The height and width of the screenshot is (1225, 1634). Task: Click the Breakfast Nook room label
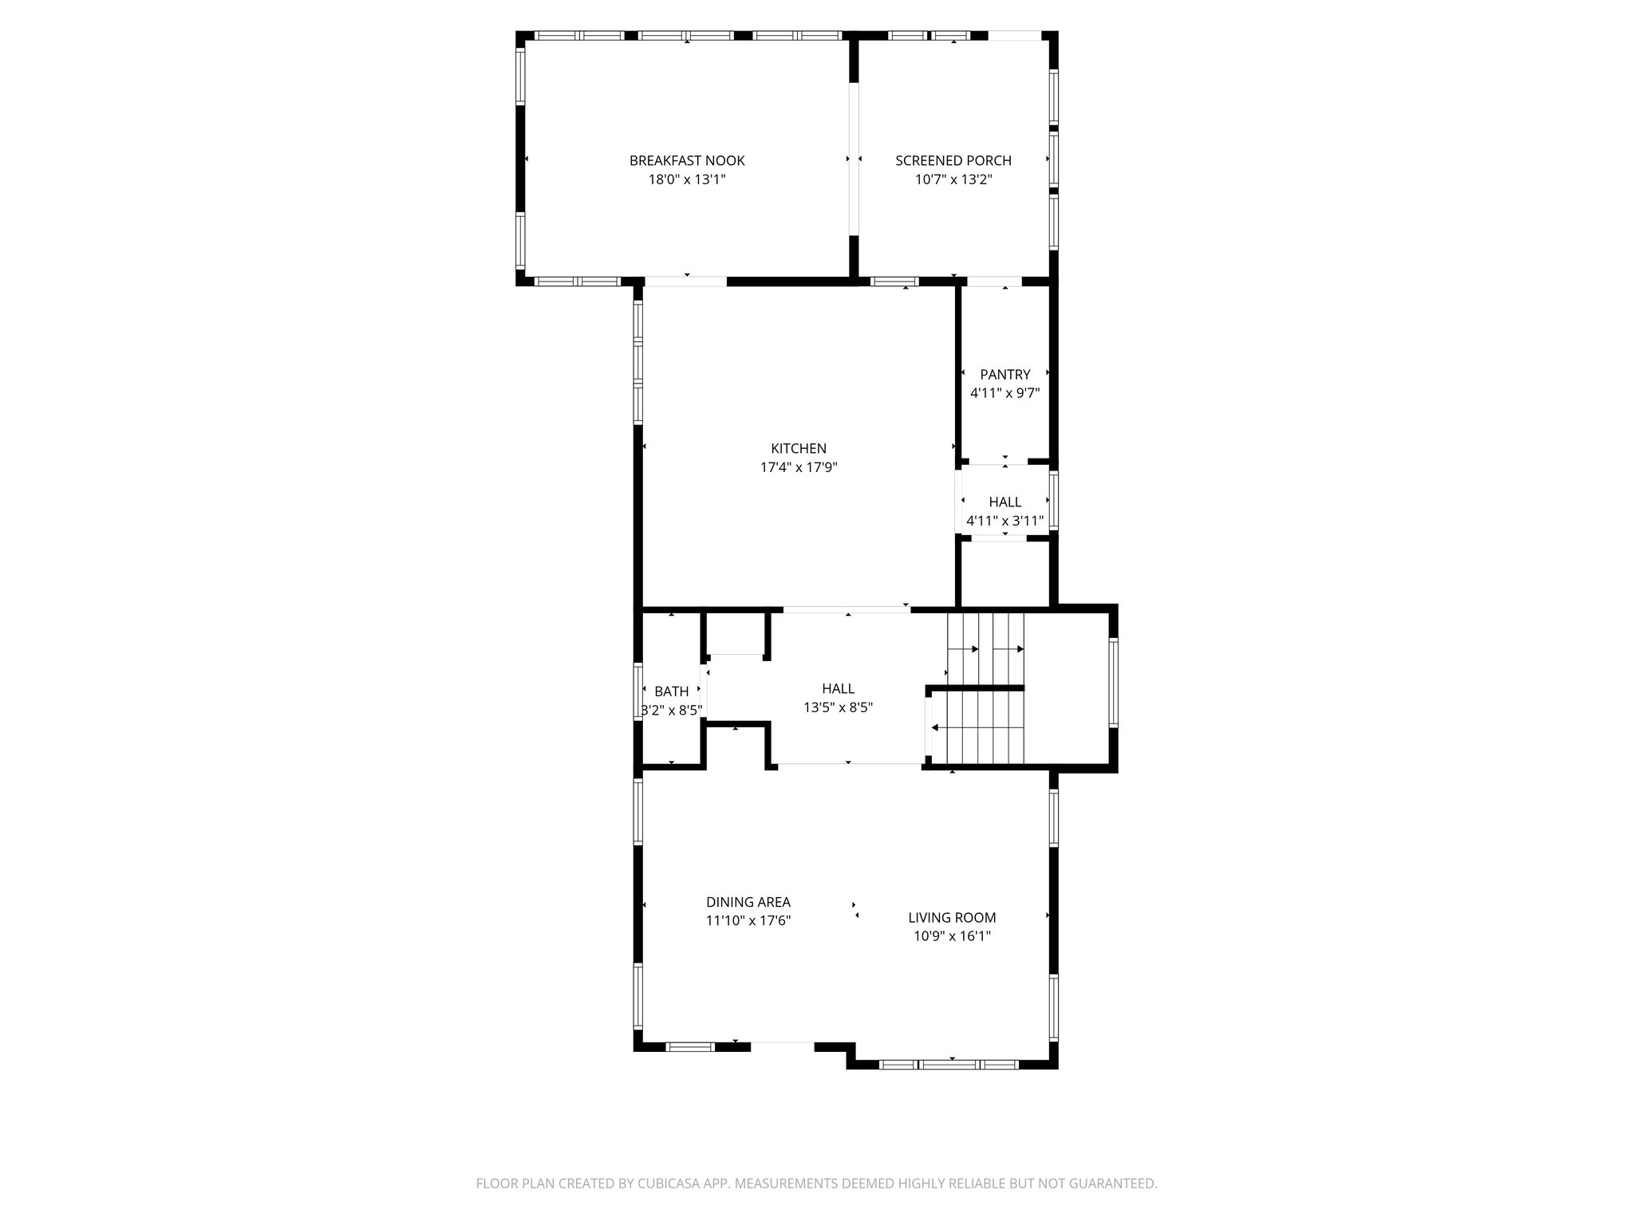(x=687, y=160)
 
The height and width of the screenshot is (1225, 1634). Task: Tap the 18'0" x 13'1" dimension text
(x=687, y=179)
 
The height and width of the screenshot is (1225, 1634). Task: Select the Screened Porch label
(x=953, y=160)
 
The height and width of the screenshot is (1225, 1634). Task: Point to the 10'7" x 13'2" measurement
(x=953, y=179)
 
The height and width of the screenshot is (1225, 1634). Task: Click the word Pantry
(x=1005, y=374)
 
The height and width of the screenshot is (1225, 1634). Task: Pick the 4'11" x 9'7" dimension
(x=1005, y=393)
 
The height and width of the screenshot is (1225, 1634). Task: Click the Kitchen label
(x=799, y=448)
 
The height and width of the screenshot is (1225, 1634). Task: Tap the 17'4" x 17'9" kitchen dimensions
(x=799, y=467)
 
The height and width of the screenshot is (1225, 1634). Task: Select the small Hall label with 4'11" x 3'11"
(x=1005, y=502)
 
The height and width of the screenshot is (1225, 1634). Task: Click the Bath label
(x=672, y=691)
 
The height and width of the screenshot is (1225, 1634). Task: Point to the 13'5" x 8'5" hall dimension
(x=838, y=707)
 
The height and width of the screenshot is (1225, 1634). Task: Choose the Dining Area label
(x=748, y=902)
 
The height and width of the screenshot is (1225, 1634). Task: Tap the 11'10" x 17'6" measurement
(x=748, y=921)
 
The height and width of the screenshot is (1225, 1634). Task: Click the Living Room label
(x=952, y=918)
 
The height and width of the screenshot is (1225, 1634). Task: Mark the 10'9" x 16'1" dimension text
(x=952, y=937)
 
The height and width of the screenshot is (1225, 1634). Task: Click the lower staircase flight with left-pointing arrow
(x=977, y=727)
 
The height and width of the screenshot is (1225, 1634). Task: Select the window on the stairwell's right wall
(x=1114, y=682)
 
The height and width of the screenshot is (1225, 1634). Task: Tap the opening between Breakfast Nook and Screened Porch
(x=853, y=160)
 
